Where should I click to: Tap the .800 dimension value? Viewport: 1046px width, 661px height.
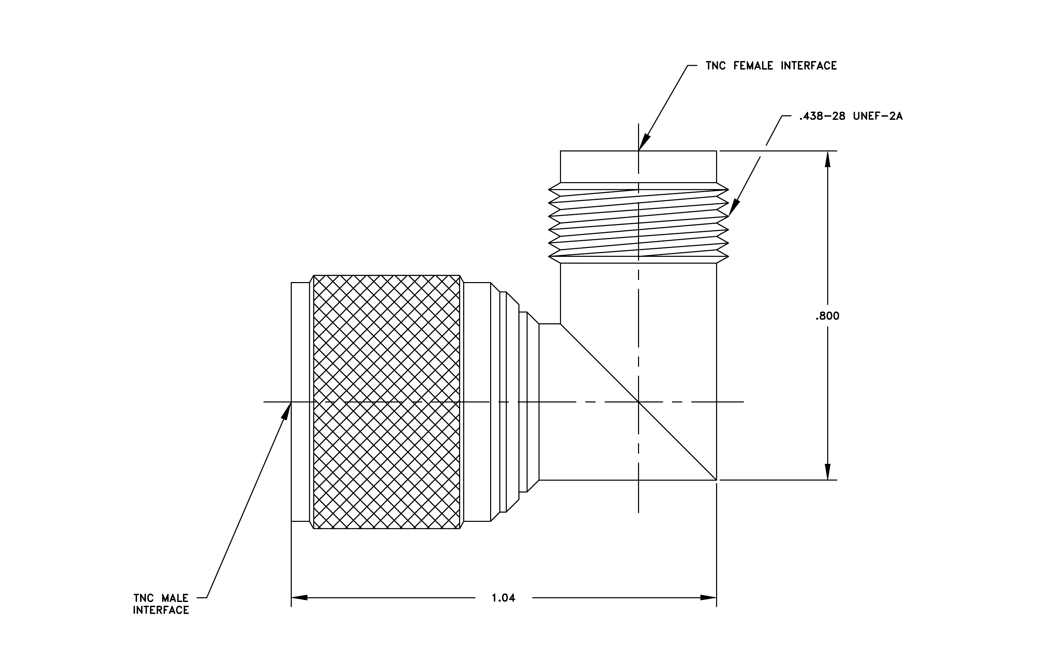[x=828, y=316]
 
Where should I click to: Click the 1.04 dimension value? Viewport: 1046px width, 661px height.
[x=503, y=598]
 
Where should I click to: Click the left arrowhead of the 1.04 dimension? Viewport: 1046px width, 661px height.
[x=299, y=598]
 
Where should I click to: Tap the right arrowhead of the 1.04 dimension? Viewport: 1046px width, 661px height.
[x=708, y=598]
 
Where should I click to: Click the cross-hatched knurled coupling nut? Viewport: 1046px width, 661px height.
[x=386, y=402]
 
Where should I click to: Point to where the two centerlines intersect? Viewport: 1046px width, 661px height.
[x=639, y=402]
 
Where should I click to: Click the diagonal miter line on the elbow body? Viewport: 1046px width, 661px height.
[x=639, y=402]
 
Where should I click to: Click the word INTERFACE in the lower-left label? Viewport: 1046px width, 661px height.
[x=161, y=611]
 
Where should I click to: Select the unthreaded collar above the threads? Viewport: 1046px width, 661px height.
[x=639, y=166]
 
